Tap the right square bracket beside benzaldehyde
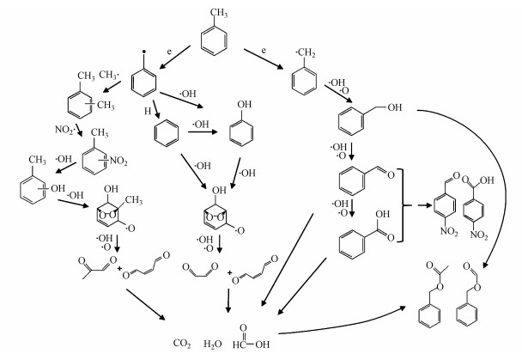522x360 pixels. [400, 207]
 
